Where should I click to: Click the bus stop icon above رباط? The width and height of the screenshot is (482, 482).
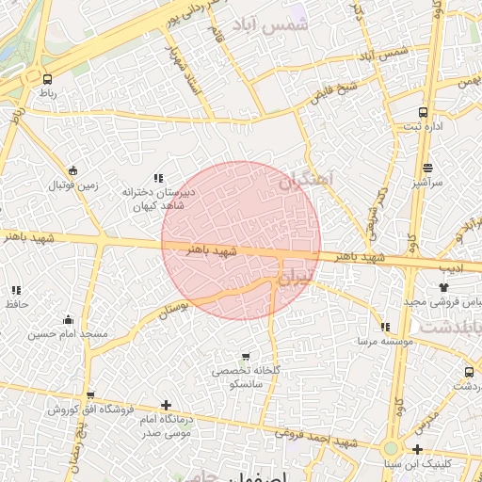pyautogui.click(x=47, y=80)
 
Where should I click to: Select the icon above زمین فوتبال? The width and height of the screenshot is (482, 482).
pyautogui.click(x=73, y=169)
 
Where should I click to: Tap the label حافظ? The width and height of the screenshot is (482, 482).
pyautogui.click(x=16, y=305)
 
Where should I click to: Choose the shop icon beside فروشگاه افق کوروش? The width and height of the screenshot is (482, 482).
pyautogui.click(x=89, y=396)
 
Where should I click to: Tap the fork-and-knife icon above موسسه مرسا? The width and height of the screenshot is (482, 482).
pyautogui.click(x=382, y=327)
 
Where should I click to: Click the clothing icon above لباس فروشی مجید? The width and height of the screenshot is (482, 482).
pyautogui.click(x=444, y=286)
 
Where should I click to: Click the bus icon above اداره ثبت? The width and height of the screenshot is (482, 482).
pyautogui.click(x=423, y=110)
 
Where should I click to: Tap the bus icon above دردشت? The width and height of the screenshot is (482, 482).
pyautogui.click(x=469, y=372)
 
